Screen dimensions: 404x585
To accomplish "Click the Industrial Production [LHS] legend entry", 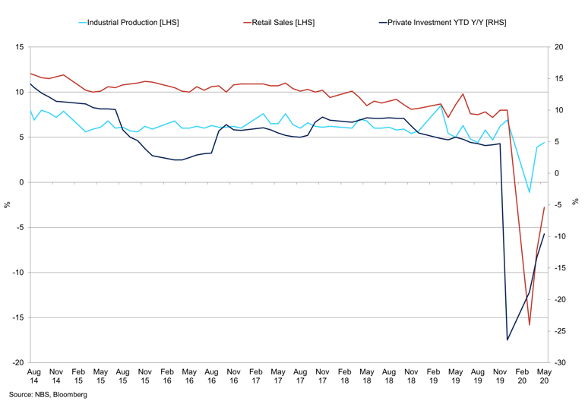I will point(130,23).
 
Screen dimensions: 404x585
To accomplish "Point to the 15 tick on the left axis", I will point(20,47).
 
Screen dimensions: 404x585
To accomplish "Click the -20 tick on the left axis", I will point(18,363).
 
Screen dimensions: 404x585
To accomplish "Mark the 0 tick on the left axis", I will point(22,182).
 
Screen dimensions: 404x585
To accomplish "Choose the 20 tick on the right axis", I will point(559,47).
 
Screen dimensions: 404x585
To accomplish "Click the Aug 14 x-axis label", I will point(33,377).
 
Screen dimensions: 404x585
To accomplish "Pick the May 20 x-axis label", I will point(544,377).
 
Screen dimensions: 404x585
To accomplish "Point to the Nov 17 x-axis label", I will point(322,377).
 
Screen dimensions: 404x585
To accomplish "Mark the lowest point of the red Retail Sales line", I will point(530,325).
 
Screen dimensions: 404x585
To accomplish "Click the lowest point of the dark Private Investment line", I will point(508,339).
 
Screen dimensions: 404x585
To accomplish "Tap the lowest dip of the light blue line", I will point(530,192).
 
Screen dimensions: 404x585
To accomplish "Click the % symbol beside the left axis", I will point(7,205).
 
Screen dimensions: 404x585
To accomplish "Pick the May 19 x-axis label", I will point(455,377).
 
